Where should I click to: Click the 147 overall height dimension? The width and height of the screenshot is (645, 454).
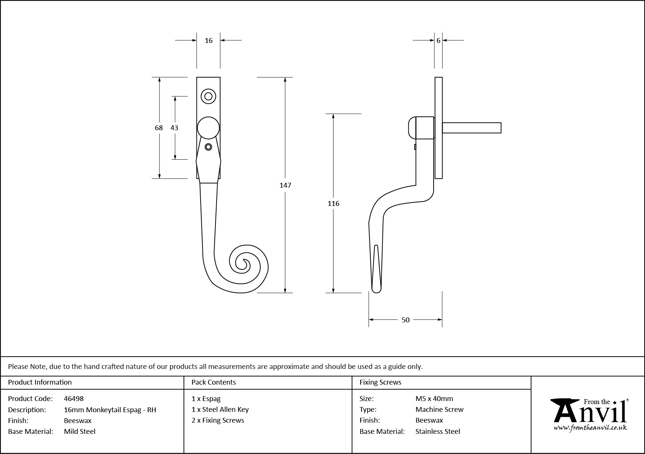tap(285, 185)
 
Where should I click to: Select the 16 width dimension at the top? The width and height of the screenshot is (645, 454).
tap(208, 40)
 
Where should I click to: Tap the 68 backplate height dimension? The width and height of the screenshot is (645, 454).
tap(159, 128)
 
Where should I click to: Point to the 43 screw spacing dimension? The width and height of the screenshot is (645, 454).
tap(174, 128)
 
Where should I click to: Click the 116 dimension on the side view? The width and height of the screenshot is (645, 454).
tap(333, 203)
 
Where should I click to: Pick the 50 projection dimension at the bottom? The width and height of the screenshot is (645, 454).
tap(405, 320)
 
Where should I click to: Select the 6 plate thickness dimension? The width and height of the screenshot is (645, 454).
tap(438, 40)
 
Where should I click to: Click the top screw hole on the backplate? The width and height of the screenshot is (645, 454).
tap(208, 96)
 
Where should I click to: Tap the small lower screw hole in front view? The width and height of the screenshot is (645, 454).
tap(208, 147)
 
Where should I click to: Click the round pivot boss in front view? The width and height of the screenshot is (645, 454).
tap(208, 128)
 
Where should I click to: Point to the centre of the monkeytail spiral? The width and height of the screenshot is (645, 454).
tap(245, 262)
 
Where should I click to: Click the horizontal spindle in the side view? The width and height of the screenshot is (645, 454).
tap(472, 128)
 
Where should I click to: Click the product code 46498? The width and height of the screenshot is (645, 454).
tap(74, 398)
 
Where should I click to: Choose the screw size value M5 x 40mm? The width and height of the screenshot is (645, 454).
tap(434, 398)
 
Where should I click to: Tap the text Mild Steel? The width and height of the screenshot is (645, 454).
tap(80, 431)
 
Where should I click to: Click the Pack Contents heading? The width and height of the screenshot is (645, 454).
tap(214, 382)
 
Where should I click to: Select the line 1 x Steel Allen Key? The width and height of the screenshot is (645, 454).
tap(220, 409)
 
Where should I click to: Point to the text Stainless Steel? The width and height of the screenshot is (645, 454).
tap(438, 431)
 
